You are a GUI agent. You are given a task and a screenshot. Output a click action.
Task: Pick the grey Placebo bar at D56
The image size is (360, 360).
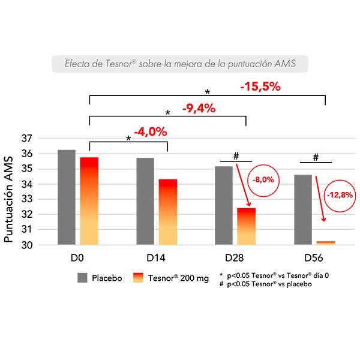(304, 209)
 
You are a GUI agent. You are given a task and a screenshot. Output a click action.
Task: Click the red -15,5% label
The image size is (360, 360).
(260, 86)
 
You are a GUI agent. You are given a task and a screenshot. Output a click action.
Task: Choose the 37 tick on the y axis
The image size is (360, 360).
(26, 139)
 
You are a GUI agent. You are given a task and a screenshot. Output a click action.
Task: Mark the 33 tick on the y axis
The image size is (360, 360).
(26, 199)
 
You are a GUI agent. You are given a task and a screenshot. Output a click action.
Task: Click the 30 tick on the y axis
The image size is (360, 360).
(26, 245)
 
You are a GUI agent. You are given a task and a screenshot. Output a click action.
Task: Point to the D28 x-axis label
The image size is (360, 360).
(236, 259)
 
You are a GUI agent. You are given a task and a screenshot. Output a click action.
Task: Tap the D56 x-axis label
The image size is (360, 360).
(314, 259)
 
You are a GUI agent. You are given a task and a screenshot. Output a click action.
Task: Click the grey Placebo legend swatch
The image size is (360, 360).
(83, 278)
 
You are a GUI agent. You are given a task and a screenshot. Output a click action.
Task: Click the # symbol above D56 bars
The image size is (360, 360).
(315, 157)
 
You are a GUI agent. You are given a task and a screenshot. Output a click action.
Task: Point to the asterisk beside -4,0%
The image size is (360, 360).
(129, 139)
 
